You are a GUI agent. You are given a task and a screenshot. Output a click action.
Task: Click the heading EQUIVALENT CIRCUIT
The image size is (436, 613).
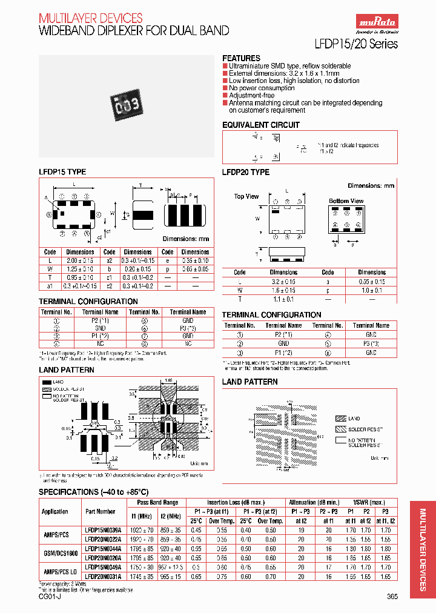coord(260,125)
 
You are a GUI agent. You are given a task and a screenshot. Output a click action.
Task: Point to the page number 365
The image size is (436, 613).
coord(392,597)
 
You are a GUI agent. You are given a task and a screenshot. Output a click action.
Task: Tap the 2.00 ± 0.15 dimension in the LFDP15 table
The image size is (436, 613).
coord(80,260)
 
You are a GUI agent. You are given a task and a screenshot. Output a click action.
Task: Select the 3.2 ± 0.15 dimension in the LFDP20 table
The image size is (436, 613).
coord(283,282)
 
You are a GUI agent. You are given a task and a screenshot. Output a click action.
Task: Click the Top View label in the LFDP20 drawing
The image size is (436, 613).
coord(246,196)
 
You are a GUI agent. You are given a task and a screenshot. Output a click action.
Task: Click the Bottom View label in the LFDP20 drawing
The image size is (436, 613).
coord(346,200)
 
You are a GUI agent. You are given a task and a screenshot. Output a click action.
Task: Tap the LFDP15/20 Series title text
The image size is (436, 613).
coord(357,44)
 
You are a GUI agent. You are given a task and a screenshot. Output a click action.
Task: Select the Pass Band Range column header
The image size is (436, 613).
coord(157,503)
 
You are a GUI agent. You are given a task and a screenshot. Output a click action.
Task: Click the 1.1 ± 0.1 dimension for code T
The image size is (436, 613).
coord(283,299)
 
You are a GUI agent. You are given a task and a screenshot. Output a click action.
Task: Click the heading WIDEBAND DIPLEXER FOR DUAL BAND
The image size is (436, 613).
coord(134,30)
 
